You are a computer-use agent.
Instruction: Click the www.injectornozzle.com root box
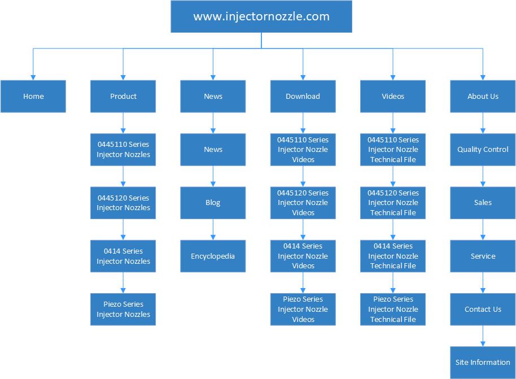click(261, 16)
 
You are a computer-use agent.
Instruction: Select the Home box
click(33, 96)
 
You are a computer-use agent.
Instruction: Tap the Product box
click(123, 96)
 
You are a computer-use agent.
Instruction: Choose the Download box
click(303, 96)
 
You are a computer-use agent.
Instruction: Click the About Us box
click(483, 96)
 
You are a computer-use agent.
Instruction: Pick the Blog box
click(213, 203)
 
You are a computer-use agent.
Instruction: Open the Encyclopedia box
click(213, 256)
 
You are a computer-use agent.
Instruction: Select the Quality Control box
click(483, 150)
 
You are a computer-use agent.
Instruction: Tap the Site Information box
click(483, 363)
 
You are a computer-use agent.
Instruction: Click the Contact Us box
click(483, 310)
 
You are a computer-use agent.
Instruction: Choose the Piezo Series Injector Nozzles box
click(123, 310)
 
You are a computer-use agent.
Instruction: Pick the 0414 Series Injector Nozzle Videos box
click(303, 256)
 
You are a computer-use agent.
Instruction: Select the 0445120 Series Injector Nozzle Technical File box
click(393, 203)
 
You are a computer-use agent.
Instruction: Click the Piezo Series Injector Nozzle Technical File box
click(393, 310)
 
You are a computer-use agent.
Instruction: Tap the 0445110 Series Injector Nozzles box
click(123, 150)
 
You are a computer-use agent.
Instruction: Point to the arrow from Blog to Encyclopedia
click(213, 229)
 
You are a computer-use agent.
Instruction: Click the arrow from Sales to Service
click(483, 229)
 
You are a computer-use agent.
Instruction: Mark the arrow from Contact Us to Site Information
click(483, 336)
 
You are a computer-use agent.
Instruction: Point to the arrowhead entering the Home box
click(33, 78)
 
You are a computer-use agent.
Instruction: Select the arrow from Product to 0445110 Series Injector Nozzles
click(123, 123)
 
